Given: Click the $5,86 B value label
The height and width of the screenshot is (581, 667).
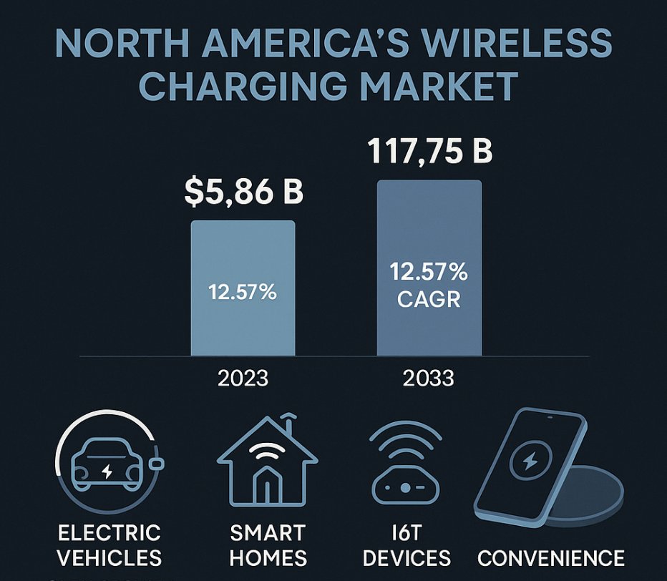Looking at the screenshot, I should point(243,192).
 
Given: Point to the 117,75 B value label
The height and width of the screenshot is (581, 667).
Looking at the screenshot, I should point(429,152).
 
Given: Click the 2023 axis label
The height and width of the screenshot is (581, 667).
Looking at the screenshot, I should point(243,377).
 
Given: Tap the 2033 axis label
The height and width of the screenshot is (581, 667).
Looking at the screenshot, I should point(429,377).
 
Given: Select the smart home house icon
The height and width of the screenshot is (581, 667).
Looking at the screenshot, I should point(268,462).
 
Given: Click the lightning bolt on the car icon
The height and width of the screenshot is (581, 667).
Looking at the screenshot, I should point(107,472).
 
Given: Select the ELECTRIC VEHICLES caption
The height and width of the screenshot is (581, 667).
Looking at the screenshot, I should point(109,545).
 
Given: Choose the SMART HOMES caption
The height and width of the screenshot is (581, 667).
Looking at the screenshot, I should point(268,545).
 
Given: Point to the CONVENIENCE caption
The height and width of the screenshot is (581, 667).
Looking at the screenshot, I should point(550,557).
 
